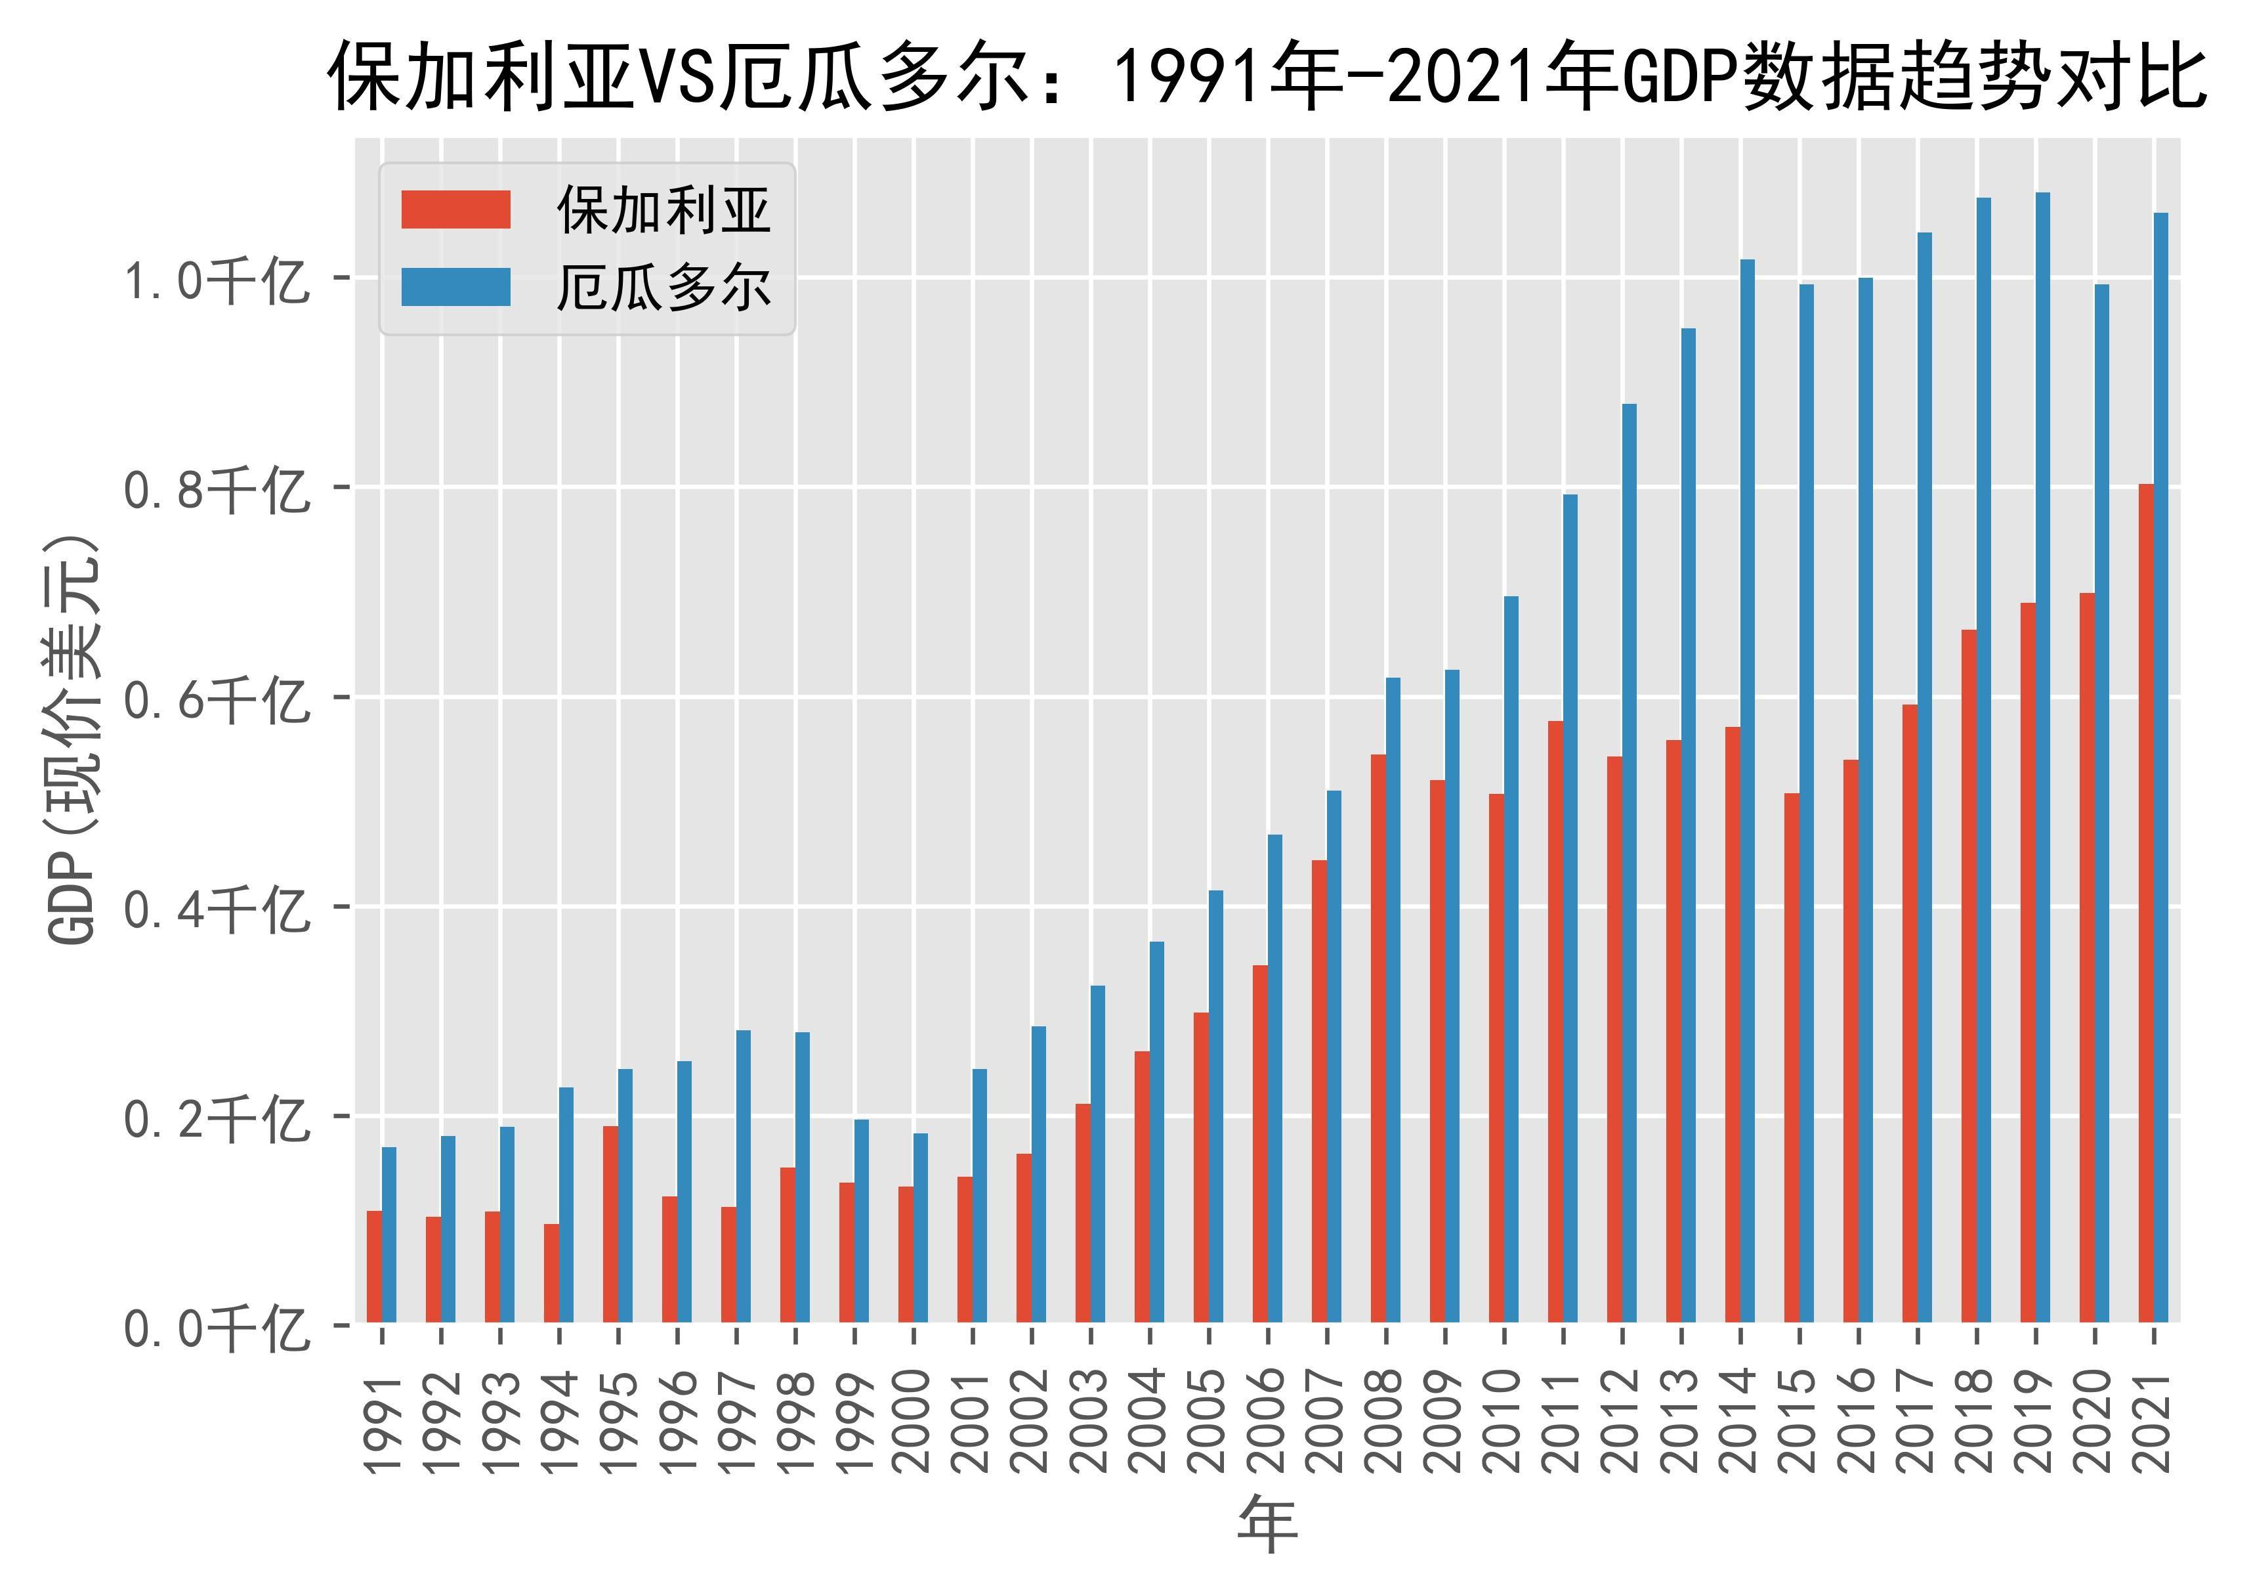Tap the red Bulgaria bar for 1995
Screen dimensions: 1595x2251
point(610,1224)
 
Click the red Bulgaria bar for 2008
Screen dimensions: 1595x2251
point(1378,1038)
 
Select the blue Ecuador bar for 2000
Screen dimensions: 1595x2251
point(920,1228)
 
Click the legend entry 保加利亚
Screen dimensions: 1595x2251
point(663,209)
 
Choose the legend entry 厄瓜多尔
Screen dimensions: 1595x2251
point(663,288)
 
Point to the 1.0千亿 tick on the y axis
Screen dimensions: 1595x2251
point(214,279)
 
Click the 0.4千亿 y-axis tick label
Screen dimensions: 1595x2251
point(214,907)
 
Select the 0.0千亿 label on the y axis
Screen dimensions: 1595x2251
point(214,1327)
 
